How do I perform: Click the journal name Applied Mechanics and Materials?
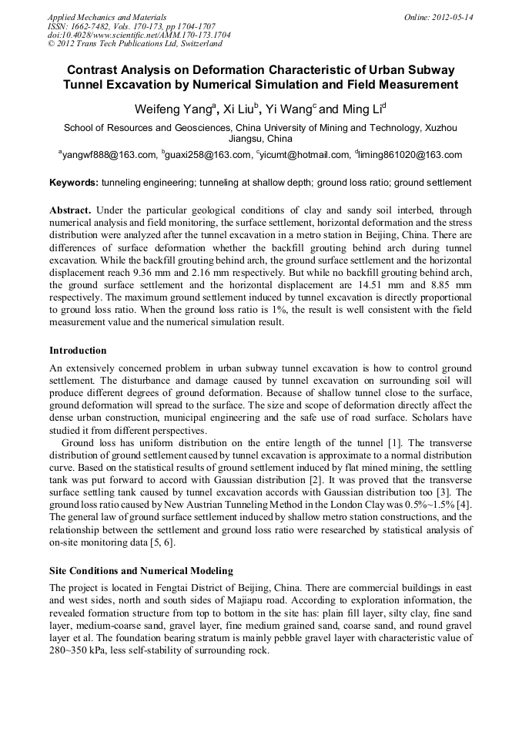click(x=107, y=16)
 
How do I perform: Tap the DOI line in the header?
click(x=139, y=35)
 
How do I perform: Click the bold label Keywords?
click(x=74, y=183)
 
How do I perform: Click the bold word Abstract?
click(x=71, y=210)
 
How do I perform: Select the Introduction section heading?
click(x=78, y=351)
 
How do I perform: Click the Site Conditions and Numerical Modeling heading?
click(x=141, y=571)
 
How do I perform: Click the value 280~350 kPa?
click(x=83, y=650)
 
